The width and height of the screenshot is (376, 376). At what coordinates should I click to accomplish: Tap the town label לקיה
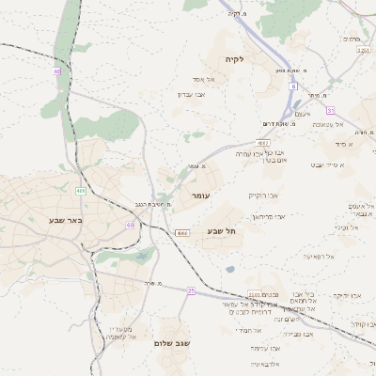234,60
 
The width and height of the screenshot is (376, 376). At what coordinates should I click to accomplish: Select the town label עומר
200,195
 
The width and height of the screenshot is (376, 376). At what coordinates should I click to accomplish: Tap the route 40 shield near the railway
56,71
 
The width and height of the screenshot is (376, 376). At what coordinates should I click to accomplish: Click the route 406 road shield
82,191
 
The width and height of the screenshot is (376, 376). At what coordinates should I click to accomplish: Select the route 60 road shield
130,226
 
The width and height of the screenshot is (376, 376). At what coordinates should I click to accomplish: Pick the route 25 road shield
191,290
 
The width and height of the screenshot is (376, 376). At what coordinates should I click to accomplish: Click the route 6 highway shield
292,86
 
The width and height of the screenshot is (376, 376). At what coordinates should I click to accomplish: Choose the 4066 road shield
181,231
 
